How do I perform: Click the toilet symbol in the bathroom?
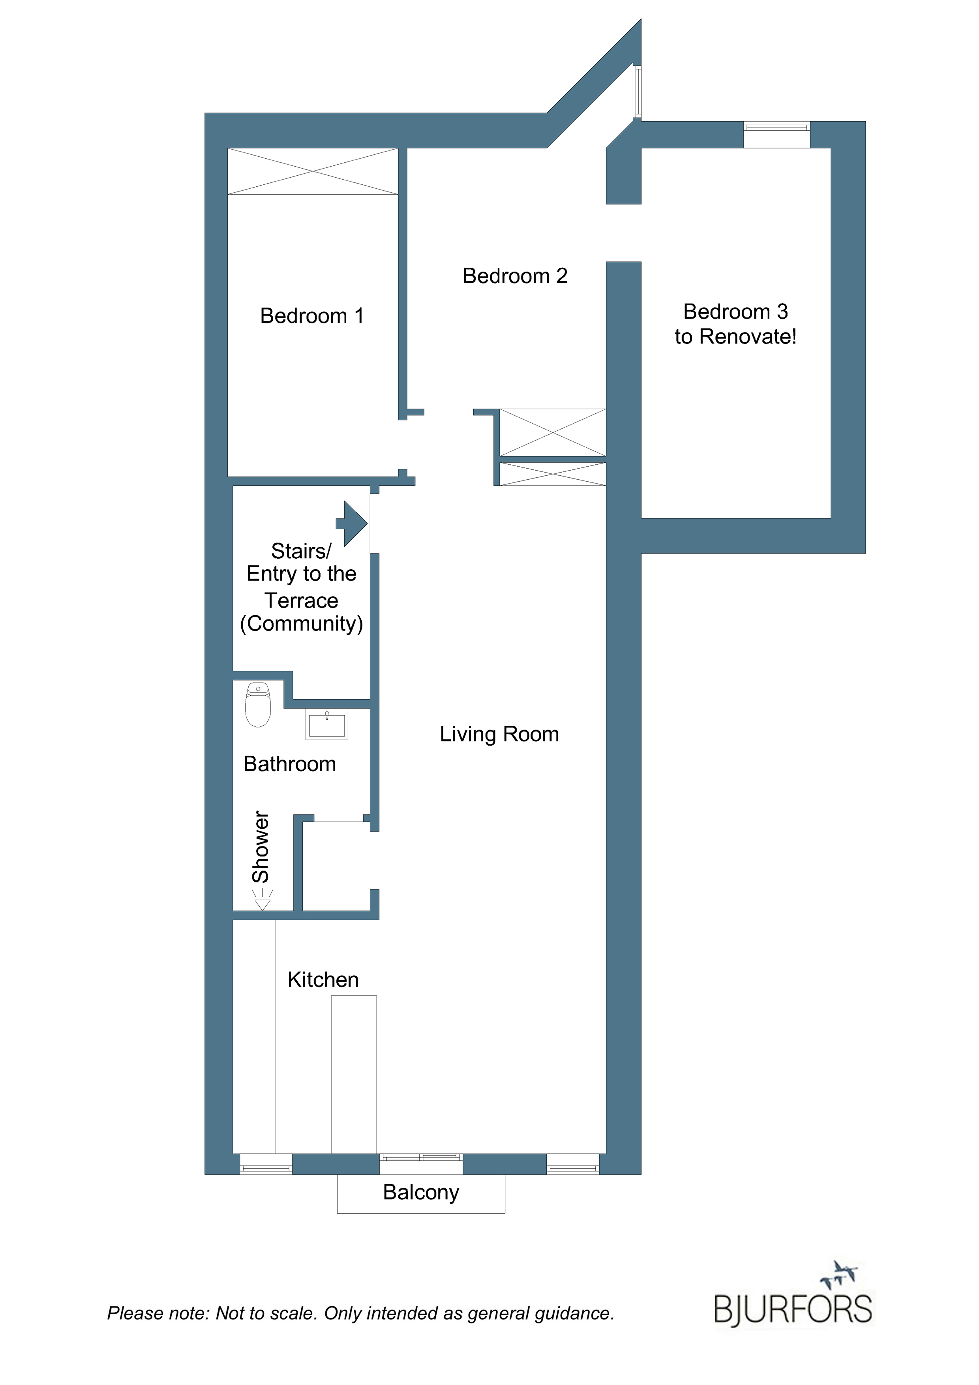(x=258, y=705)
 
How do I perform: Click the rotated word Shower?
(x=261, y=847)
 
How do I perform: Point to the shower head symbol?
(x=263, y=900)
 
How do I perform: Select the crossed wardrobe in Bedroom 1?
(x=313, y=171)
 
